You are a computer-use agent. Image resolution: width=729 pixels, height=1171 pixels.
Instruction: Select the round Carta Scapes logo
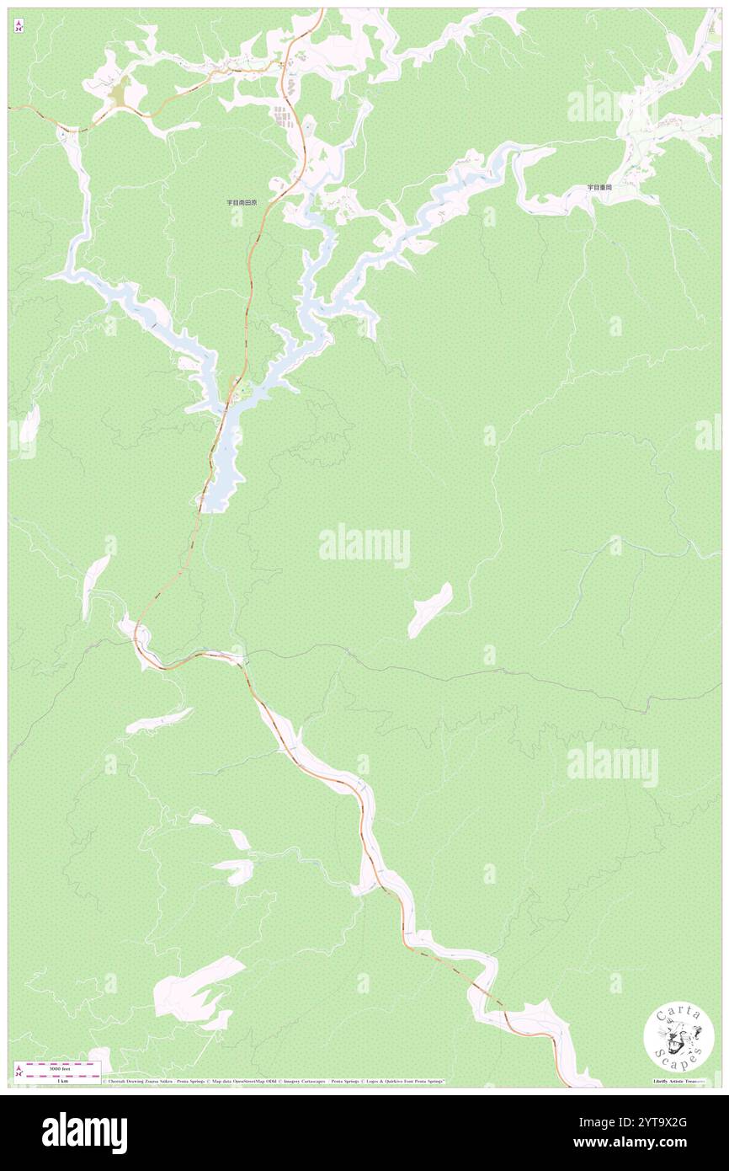click(x=678, y=1038)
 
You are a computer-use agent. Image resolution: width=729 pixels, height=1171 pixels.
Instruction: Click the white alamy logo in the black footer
click(x=84, y=1133)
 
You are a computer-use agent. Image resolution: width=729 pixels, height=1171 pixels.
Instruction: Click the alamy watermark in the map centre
click(x=364, y=546)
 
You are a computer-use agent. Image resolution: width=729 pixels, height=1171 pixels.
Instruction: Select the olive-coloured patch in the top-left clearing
click(x=120, y=92)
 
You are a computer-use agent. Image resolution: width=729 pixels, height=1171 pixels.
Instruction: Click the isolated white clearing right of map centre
click(x=430, y=609)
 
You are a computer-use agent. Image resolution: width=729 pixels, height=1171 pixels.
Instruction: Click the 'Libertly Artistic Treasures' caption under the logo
click(x=678, y=1080)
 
